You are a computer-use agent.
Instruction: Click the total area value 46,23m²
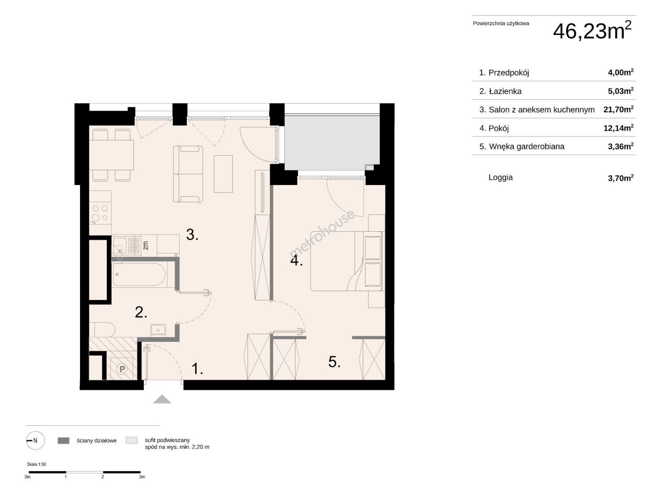(592, 31)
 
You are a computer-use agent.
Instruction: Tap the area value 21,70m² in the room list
(618, 110)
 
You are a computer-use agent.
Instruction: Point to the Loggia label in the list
(501, 177)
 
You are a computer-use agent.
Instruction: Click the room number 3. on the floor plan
(192, 235)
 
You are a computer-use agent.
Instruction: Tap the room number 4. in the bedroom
(297, 261)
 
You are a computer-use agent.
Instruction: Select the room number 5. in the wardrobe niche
(334, 362)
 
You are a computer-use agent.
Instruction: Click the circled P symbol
(122, 369)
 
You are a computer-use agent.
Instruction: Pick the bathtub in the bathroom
(139, 275)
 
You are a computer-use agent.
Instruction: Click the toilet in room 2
(102, 330)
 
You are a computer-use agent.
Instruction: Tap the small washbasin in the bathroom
(158, 331)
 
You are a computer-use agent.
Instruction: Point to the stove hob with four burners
(100, 213)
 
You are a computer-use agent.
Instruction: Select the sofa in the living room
(188, 174)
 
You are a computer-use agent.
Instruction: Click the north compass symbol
(35, 441)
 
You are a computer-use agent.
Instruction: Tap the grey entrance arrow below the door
(162, 399)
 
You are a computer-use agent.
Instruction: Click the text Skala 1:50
(36, 464)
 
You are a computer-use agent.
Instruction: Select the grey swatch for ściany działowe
(63, 441)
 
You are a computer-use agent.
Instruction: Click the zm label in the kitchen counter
(146, 245)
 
